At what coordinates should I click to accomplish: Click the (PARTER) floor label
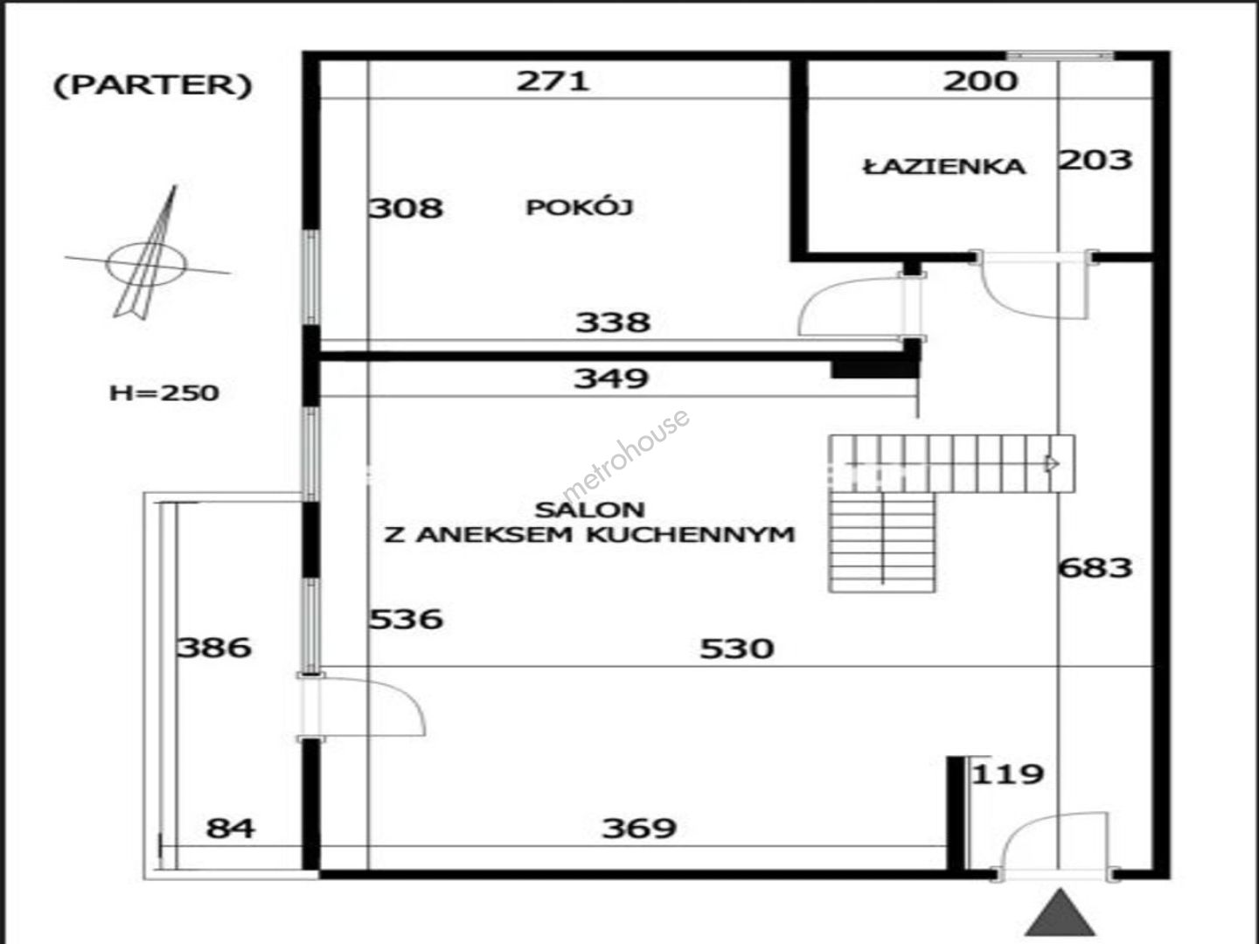click(153, 86)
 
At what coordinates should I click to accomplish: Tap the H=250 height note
click(164, 393)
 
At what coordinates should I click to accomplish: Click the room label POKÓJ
click(580, 207)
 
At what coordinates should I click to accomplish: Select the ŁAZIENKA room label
click(944, 166)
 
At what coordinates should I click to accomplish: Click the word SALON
click(589, 510)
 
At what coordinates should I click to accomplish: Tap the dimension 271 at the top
click(553, 80)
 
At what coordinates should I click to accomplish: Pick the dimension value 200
click(980, 80)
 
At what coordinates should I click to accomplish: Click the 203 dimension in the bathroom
click(1096, 160)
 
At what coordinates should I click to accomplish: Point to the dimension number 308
click(406, 208)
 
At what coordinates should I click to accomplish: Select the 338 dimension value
click(613, 323)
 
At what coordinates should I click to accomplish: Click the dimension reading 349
click(611, 378)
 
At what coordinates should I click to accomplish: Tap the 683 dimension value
click(1096, 568)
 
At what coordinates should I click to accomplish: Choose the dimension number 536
click(406, 619)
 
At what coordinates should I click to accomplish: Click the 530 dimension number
click(737, 649)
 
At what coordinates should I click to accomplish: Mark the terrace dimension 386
click(214, 649)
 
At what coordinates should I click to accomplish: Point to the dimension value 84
click(230, 829)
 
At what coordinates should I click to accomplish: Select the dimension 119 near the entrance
click(1008, 775)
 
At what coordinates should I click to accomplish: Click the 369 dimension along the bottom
click(639, 829)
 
